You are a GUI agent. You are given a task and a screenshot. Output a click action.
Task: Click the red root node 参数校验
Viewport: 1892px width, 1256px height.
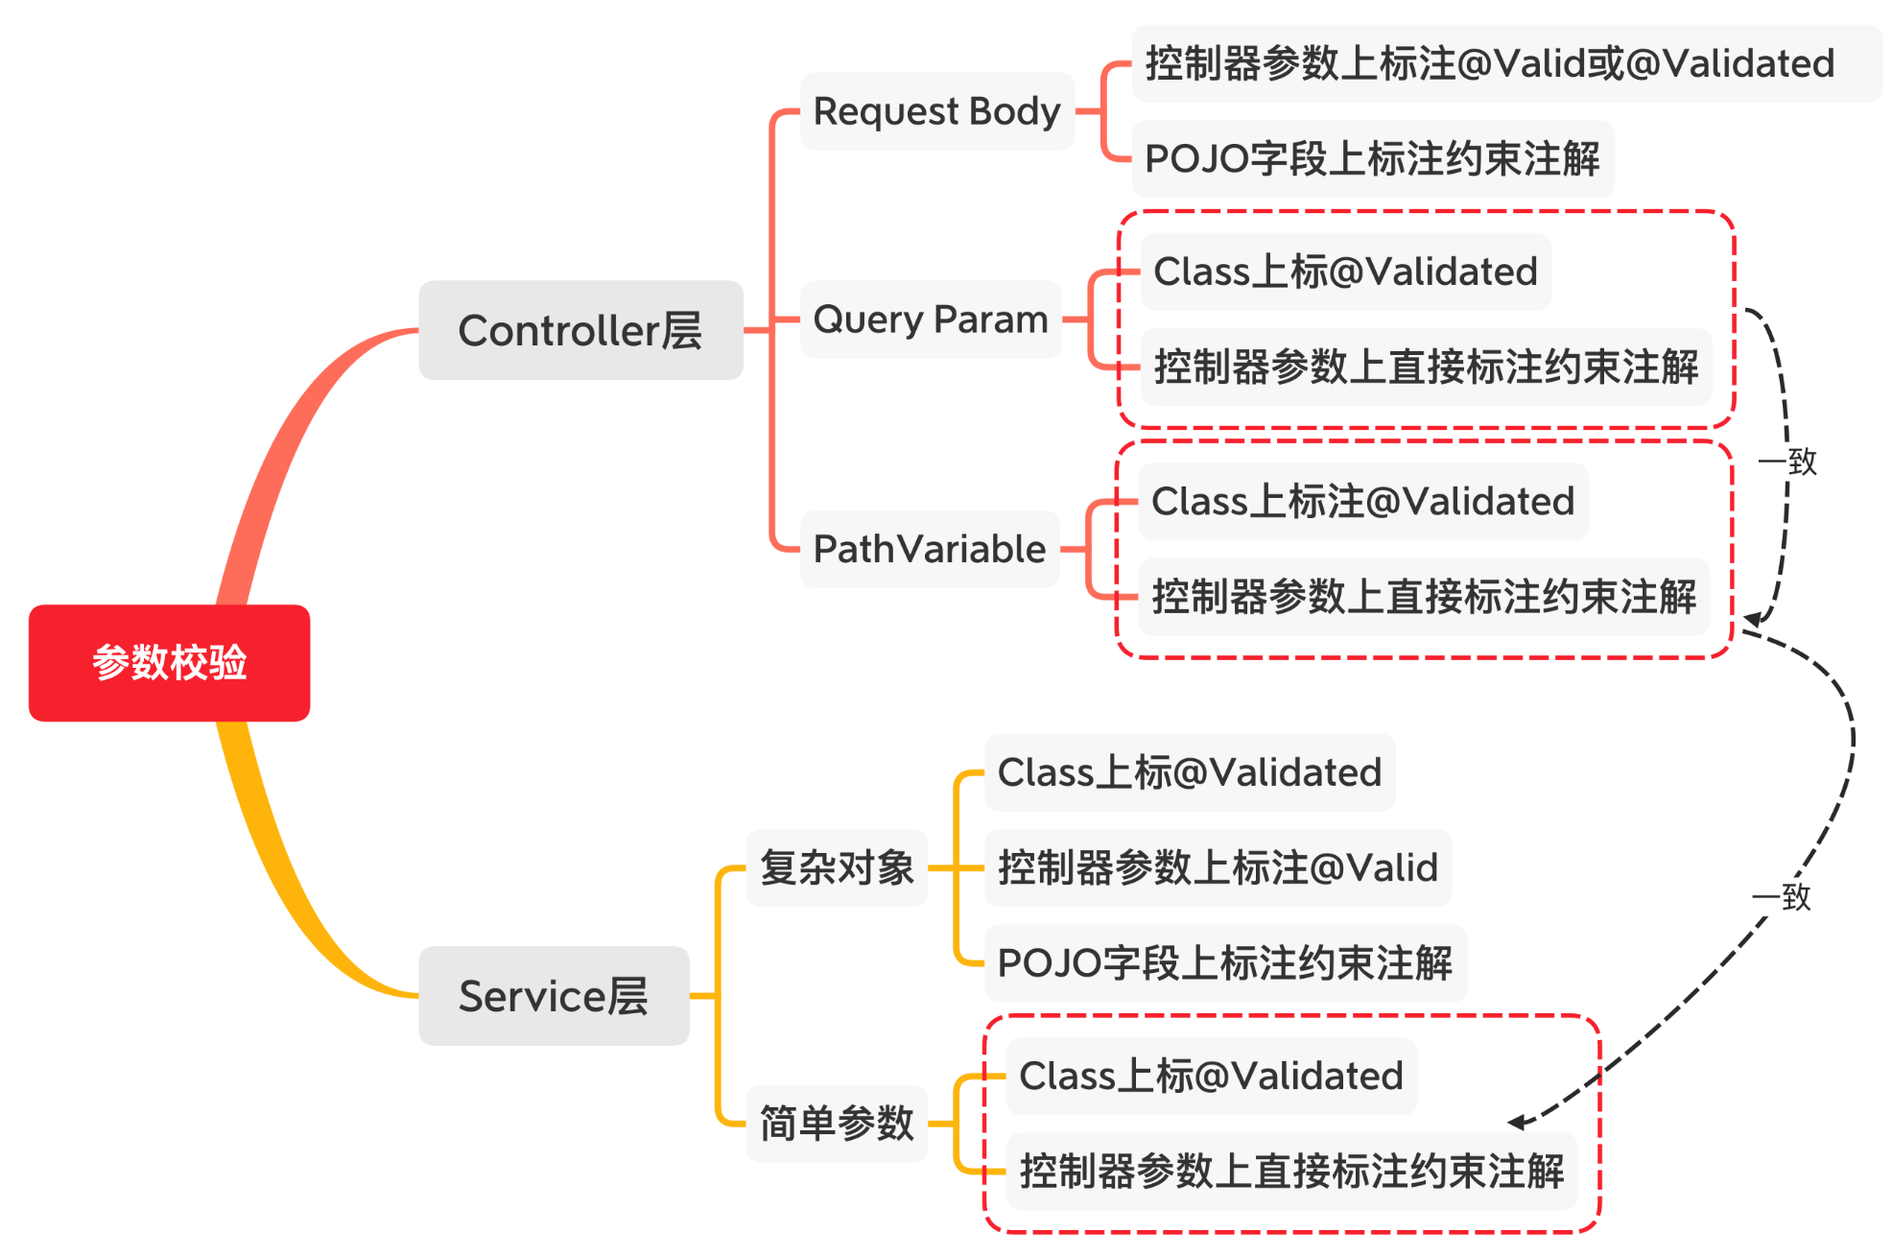169,662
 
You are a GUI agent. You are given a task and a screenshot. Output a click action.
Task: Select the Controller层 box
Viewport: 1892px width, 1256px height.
580,330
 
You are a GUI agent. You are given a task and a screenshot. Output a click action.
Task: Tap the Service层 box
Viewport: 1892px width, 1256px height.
554,996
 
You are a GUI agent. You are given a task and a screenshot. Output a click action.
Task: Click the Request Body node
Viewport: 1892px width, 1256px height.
936,111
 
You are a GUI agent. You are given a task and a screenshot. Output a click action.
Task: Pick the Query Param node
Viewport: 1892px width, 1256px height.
930,320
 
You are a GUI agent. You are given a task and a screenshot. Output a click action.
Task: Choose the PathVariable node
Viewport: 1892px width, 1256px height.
929,549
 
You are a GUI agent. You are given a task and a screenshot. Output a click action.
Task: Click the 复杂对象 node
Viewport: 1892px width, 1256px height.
837,867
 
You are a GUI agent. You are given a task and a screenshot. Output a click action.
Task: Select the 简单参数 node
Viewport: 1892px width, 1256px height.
837,1123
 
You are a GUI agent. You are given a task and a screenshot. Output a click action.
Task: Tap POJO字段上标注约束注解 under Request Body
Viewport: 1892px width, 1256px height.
1372,158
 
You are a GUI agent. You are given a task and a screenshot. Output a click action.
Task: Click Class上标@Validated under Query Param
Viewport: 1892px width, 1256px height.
1345,272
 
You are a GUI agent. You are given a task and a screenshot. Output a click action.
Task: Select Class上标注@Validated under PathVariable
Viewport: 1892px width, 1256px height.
1362,501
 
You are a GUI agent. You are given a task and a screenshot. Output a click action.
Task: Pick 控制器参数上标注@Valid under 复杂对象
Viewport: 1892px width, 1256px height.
1218,867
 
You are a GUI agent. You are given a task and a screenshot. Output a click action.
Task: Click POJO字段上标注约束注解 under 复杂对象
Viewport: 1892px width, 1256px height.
1224,962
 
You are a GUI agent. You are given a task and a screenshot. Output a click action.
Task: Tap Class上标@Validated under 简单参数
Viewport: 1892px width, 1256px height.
1211,1076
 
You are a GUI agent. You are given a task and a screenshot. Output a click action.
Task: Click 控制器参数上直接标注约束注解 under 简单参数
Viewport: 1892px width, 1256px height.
1291,1171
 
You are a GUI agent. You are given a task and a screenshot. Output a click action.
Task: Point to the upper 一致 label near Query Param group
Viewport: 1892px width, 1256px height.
1787,462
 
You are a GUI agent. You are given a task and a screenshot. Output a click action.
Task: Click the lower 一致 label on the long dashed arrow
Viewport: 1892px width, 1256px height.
1782,897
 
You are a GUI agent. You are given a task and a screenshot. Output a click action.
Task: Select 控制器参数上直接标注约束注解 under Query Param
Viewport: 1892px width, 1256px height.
1426,367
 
